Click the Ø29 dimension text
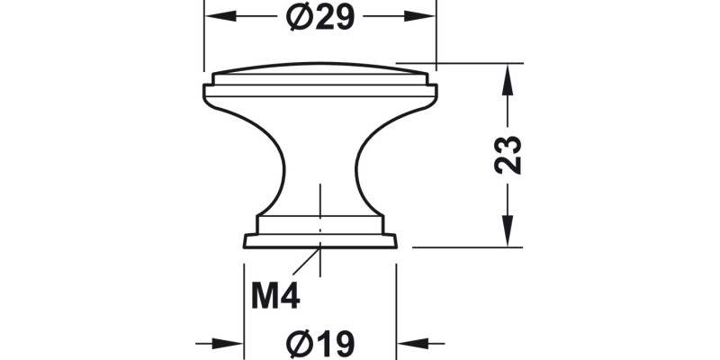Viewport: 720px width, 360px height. [x=320, y=17]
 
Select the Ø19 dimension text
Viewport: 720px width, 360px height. [x=320, y=344]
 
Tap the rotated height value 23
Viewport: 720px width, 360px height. [x=509, y=155]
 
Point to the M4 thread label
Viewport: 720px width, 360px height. [x=274, y=295]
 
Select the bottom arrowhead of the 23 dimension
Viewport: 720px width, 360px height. [x=509, y=236]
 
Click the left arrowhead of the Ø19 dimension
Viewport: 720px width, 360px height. [x=234, y=343]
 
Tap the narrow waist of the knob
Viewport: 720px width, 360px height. [x=320, y=171]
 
